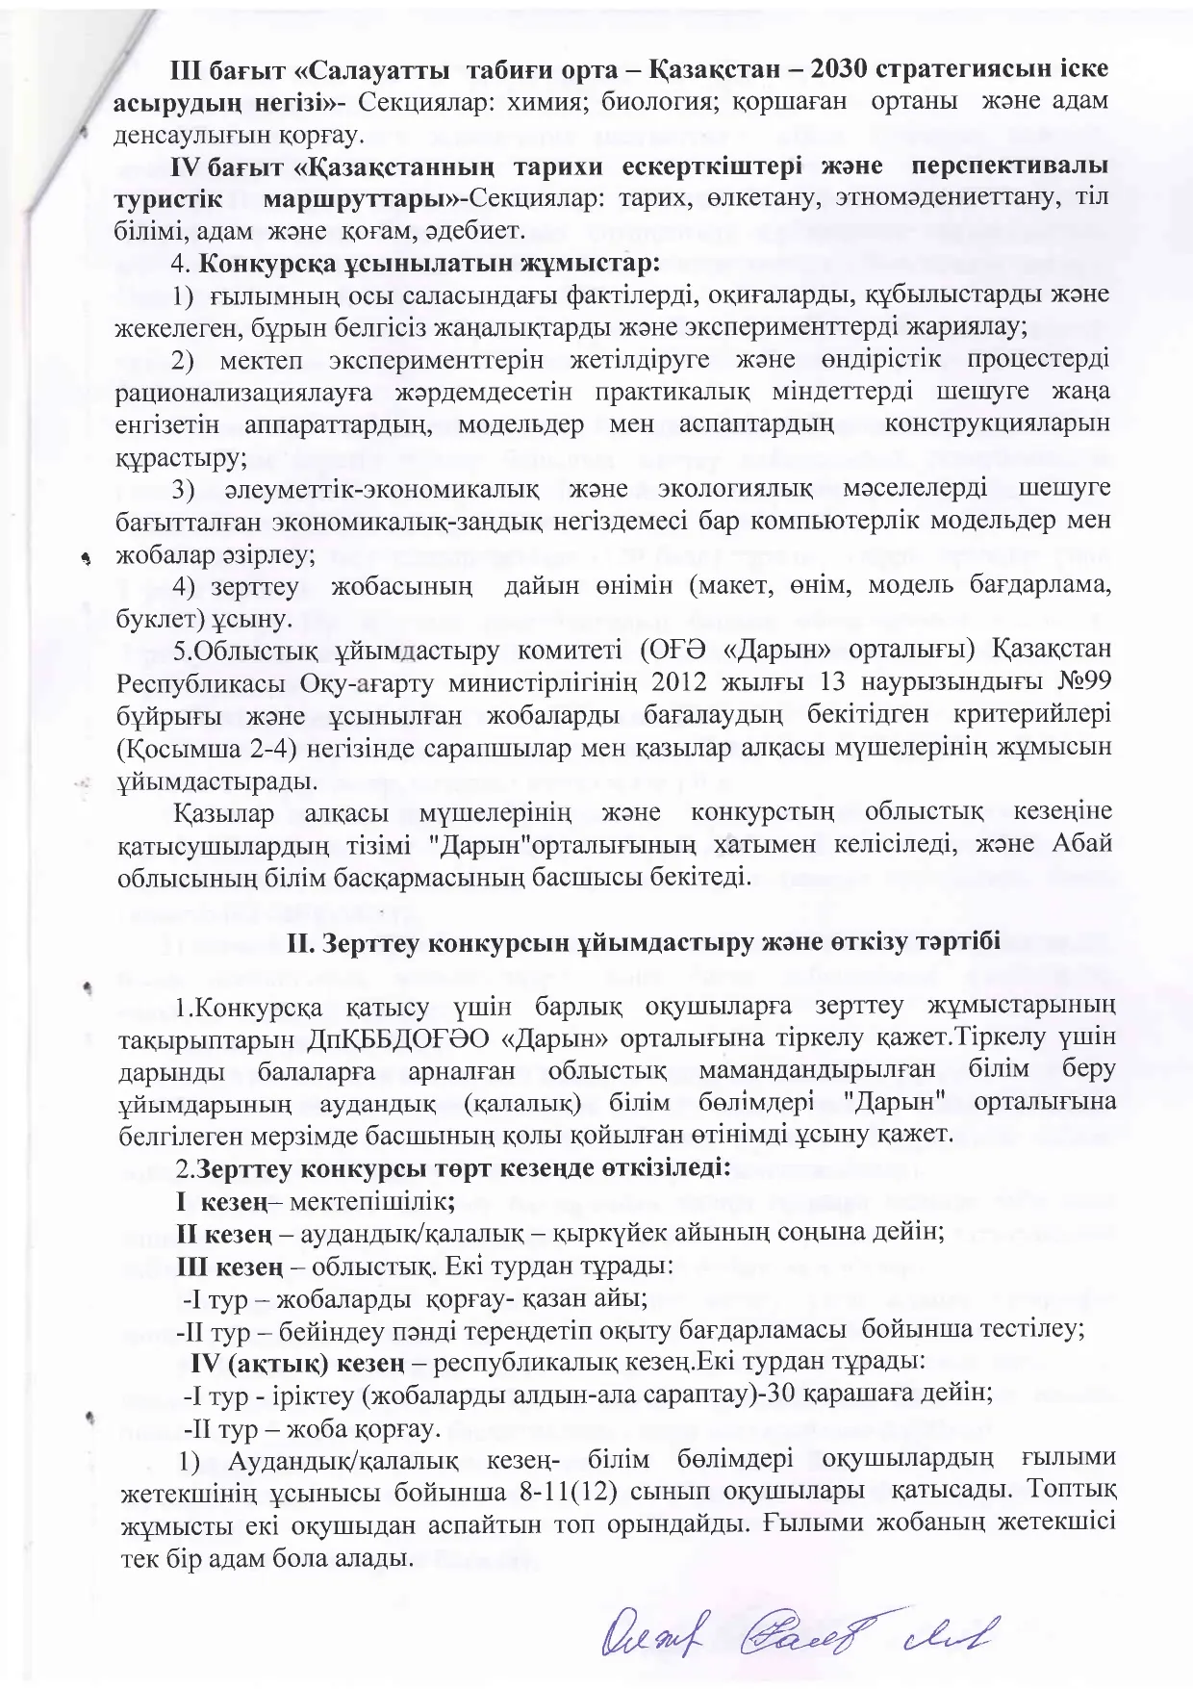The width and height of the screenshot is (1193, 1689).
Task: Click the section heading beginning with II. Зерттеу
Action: pos(644,942)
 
